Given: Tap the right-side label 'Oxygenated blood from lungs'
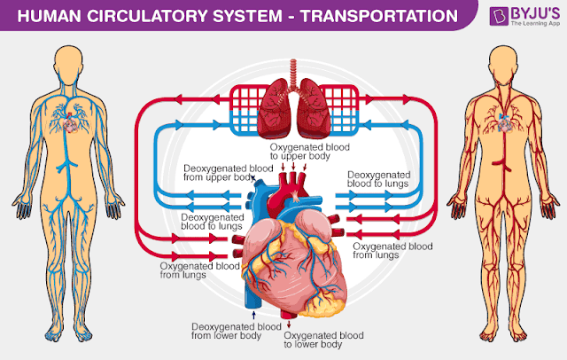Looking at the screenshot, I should pyautogui.click(x=392, y=250).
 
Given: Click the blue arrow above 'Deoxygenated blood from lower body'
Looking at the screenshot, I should pyautogui.click(x=255, y=314).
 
